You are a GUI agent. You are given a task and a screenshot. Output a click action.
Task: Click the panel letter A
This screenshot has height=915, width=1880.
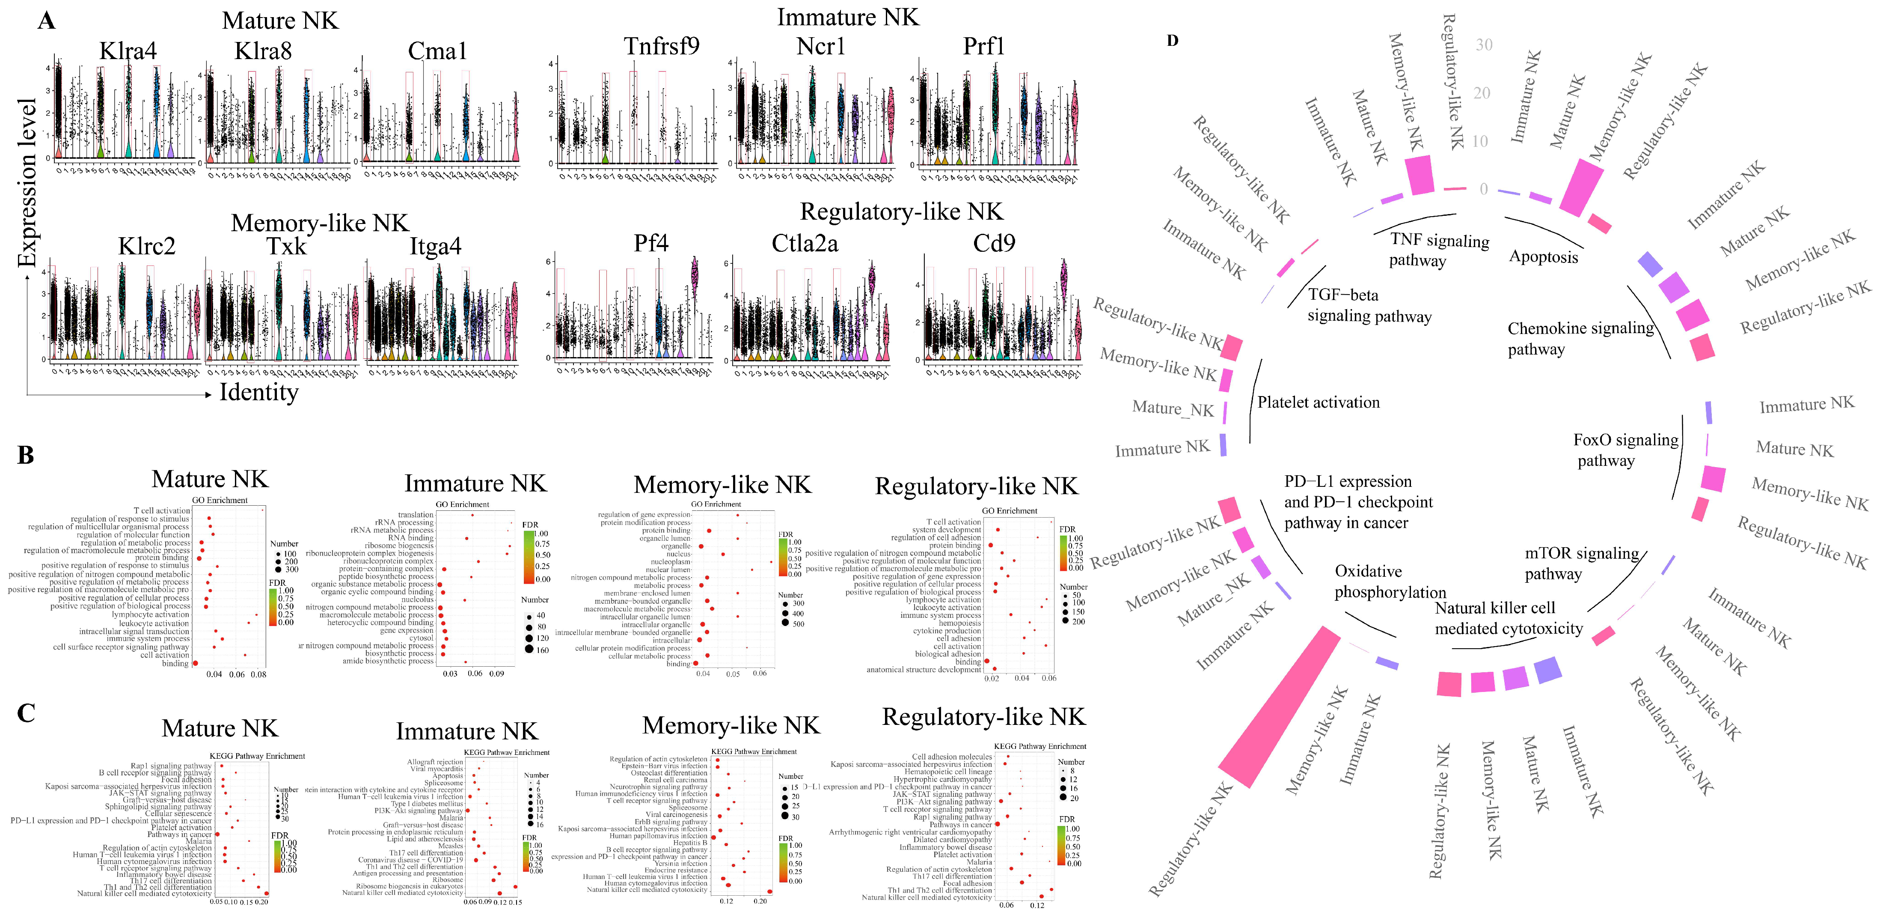(46, 21)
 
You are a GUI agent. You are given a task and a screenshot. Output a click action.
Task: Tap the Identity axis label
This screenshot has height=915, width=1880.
(259, 393)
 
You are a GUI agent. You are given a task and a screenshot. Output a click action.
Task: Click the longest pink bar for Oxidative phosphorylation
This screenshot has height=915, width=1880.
(1279, 707)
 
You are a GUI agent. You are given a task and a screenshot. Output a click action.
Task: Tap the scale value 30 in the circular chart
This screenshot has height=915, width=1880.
(1484, 45)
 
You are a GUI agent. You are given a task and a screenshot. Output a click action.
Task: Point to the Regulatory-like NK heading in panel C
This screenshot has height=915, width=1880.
(984, 717)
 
